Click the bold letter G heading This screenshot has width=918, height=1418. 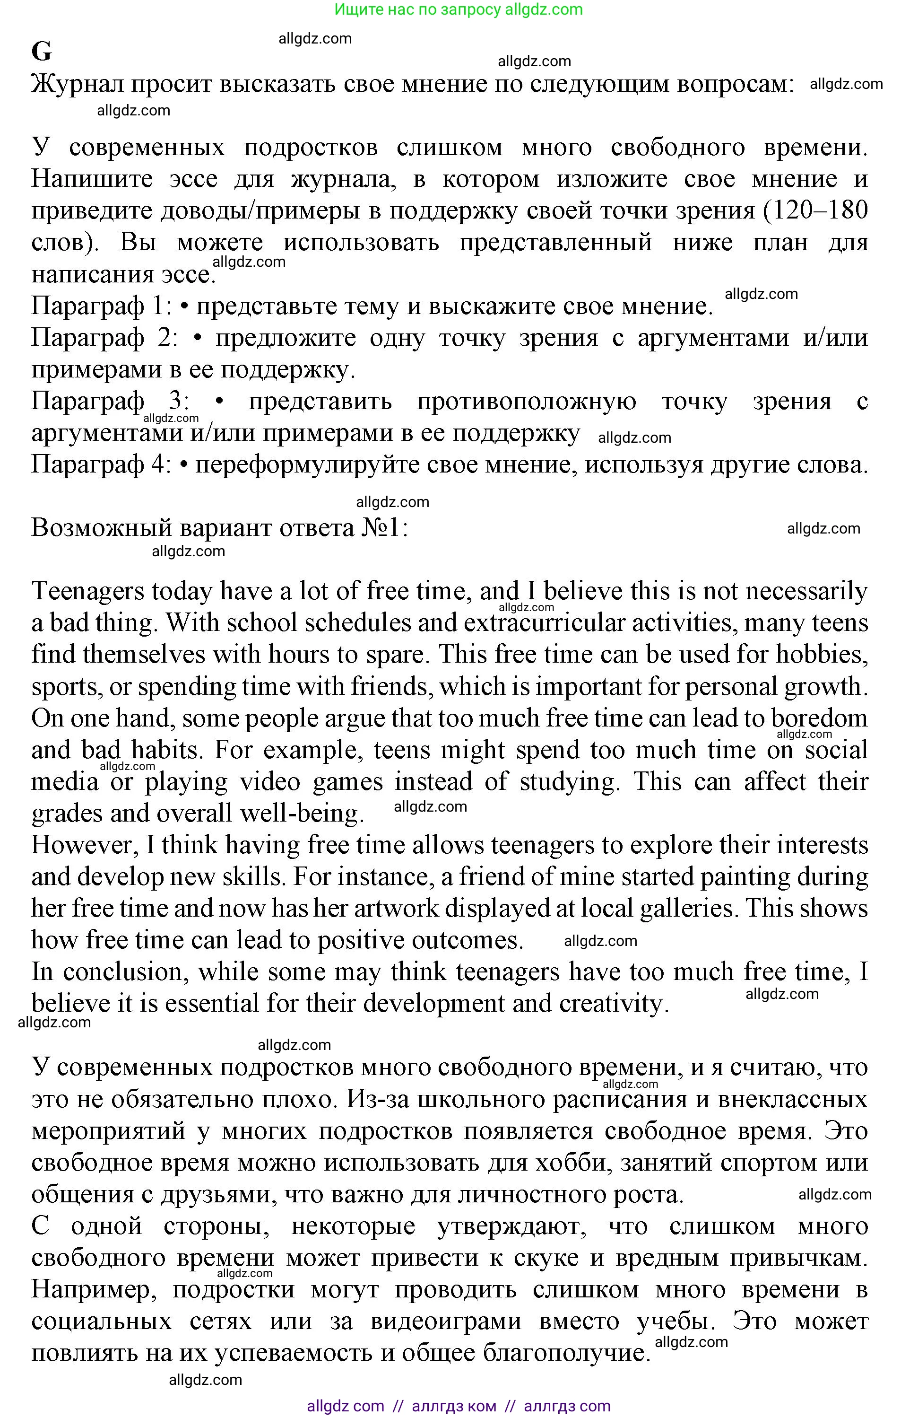[x=42, y=53]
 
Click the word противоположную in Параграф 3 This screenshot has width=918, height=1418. [x=526, y=402]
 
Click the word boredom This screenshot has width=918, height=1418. [x=819, y=718]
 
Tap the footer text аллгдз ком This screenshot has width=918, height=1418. [x=454, y=1406]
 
